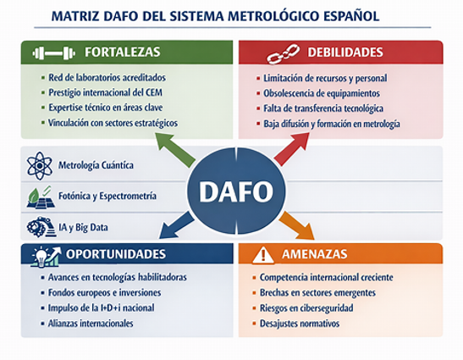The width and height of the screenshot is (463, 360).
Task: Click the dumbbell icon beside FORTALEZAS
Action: click(x=53, y=53)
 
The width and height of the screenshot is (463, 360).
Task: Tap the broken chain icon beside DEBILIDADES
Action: click(x=283, y=53)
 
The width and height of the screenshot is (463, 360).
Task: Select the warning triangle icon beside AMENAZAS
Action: click(x=263, y=254)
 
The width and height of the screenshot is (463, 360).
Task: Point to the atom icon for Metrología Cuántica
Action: click(x=39, y=166)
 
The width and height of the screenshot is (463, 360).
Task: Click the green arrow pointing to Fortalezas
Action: click(x=175, y=149)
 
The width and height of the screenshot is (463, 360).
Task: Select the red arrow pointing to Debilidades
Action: click(x=292, y=149)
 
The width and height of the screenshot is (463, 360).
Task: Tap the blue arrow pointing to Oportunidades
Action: click(x=176, y=224)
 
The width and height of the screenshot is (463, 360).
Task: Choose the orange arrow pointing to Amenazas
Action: click(x=297, y=225)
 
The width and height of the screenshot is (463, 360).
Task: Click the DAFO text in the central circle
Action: click(x=236, y=191)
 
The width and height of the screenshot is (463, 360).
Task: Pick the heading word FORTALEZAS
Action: click(x=122, y=52)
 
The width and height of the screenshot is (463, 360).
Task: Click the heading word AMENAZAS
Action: click(x=315, y=254)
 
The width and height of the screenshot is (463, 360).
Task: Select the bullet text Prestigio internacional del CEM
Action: click(x=106, y=92)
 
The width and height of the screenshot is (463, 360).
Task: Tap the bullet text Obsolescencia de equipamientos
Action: click(x=322, y=93)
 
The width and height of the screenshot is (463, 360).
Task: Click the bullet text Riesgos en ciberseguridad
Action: click(x=306, y=308)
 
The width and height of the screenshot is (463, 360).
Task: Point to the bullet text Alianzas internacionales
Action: click(x=91, y=324)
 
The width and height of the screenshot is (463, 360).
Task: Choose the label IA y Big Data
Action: click(x=83, y=227)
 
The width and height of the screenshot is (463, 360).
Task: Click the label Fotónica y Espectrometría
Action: click(x=107, y=196)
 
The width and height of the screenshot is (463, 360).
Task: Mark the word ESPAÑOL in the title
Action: click(x=351, y=15)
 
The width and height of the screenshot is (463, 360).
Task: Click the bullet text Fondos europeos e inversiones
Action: click(x=104, y=292)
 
